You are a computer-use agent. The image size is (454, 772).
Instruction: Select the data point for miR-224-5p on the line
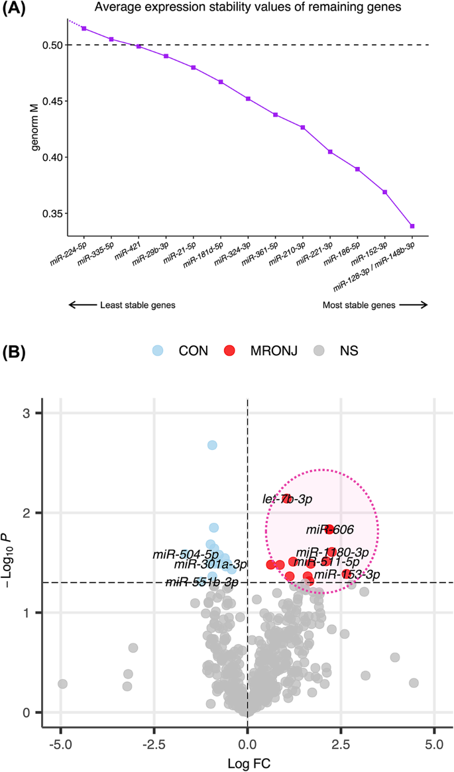[x=84, y=28]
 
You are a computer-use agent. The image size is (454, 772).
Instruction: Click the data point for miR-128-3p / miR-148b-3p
[x=412, y=226]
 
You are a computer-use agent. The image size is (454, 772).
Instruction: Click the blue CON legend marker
[x=156, y=351]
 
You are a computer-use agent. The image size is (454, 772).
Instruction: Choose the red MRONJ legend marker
[x=229, y=351]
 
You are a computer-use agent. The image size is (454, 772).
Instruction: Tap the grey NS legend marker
[x=320, y=351]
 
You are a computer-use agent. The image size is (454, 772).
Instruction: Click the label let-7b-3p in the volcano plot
[x=287, y=498]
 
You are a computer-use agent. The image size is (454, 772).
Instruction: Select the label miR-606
[x=329, y=529]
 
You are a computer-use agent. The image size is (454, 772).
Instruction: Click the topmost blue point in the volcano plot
[x=212, y=445]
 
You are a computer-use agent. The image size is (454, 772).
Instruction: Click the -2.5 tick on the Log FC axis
[x=154, y=738]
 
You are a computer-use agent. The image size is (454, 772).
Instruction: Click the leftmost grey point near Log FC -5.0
[x=62, y=683]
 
